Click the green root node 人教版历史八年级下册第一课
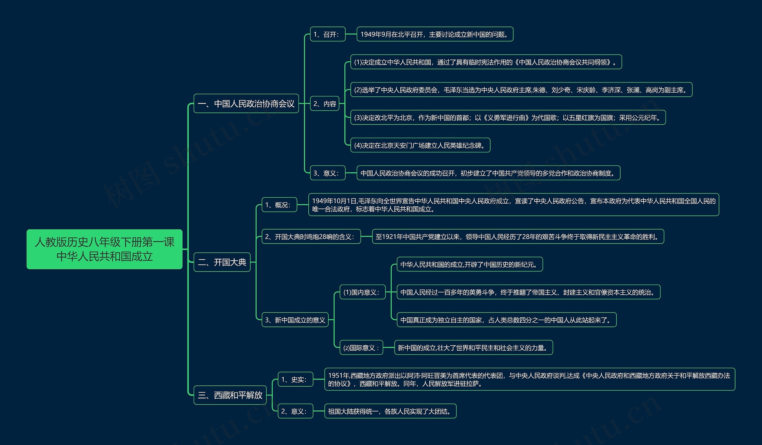point(104,249)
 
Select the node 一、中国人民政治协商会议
point(246,104)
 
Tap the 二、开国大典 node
point(222,262)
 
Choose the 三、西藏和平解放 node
point(230,395)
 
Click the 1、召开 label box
point(327,35)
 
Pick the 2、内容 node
point(324,104)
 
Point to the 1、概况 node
point(279,205)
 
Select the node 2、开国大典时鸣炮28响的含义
point(311,237)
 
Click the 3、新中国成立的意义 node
point(295,320)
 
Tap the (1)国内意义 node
point(362,292)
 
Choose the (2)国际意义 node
point(361,348)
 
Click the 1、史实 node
point(295,380)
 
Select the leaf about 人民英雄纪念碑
point(420,146)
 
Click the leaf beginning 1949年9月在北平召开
point(435,35)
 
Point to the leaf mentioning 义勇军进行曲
point(508,118)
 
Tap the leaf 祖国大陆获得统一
point(390,411)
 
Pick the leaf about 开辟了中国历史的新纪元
point(470,265)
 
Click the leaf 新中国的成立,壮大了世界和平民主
point(473,348)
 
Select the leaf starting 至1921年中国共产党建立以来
point(518,237)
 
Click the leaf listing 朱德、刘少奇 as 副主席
point(521,90)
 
